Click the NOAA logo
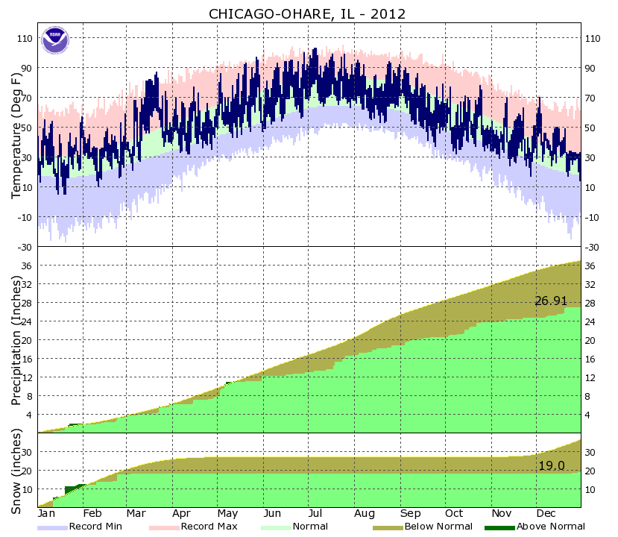pyautogui.click(x=54, y=40)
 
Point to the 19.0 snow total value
pyautogui.click(x=551, y=465)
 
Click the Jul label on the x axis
pyautogui.click(x=315, y=514)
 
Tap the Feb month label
pyautogui.click(x=92, y=514)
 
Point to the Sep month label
pyautogui.click(x=410, y=514)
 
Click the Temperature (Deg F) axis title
pyautogui.click(x=16, y=135)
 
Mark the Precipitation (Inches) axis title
pyautogui.click(x=16, y=340)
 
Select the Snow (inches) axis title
pyautogui.click(x=16, y=471)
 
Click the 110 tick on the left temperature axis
pyautogui.click(x=25, y=38)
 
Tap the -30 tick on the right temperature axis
pyautogui.click(x=593, y=247)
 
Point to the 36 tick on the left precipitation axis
pyautogui.click(x=28, y=266)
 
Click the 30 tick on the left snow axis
pyautogui.click(x=28, y=452)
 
